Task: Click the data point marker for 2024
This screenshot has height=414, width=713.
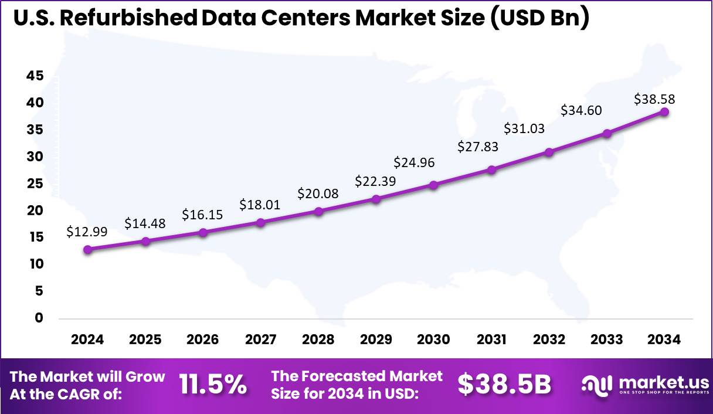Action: (x=88, y=249)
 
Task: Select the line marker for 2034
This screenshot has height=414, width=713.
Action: (x=664, y=111)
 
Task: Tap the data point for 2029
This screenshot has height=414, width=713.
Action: (x=376, y=199)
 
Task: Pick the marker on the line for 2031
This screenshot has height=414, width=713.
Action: (x=491, y=169)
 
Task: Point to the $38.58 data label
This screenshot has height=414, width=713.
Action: (x=654, y=100)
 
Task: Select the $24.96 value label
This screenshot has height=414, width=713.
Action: (x=414, y=162)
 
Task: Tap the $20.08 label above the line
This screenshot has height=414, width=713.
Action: (x=318, y=194)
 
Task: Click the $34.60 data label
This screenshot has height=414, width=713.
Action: (x=581, y=110)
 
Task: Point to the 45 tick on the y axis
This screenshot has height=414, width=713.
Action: (x=34, y=76)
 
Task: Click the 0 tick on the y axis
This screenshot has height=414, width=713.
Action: (x=39, y=318)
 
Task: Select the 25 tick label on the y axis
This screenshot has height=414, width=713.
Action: (x=34, y=184)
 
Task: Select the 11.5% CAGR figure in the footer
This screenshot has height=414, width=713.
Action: (x=213, y=385)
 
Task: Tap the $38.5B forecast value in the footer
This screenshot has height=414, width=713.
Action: (x=504, y=385)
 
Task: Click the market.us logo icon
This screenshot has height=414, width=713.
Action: (x=596, y=385)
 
